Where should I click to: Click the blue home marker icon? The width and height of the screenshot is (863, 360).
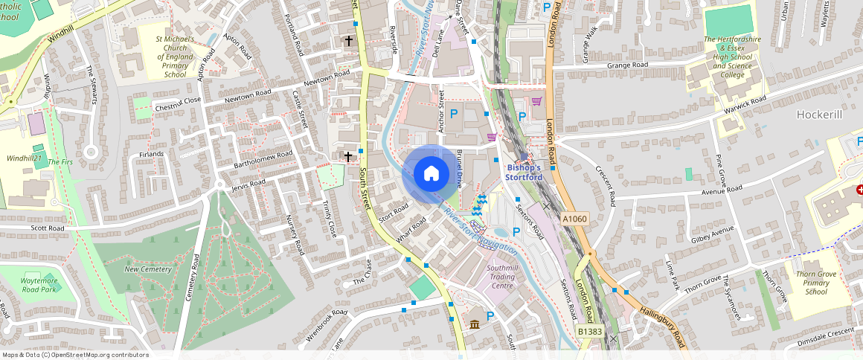[431, 174]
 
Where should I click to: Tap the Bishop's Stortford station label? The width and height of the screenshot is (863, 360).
[524, 172]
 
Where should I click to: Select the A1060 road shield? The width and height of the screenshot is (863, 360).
[575, 219]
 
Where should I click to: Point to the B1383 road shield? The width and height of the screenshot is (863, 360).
[589, 331]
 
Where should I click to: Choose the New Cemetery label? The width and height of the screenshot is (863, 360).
[147, 269]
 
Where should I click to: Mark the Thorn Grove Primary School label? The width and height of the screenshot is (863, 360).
[816, 283]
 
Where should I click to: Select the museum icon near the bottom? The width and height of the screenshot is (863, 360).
[475, 324]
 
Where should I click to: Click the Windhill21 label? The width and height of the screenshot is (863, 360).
[24, 158]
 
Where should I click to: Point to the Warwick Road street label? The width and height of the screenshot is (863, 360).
[745, 103]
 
